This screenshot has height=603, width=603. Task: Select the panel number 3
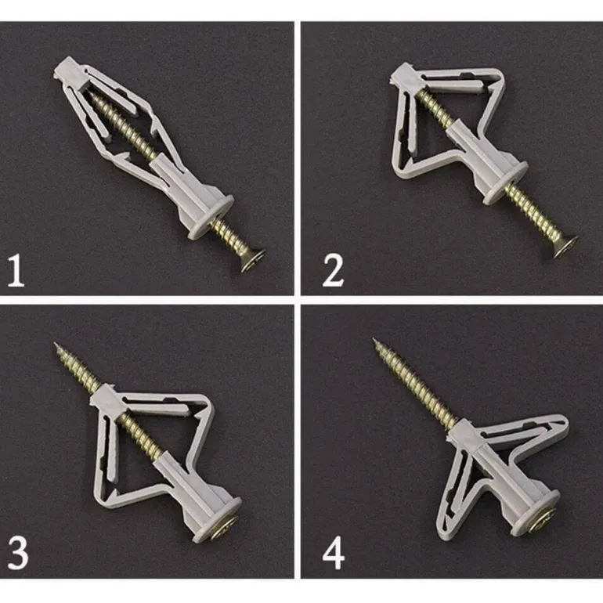[x=18, y=554]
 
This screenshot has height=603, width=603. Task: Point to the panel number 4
[x=334, y=554]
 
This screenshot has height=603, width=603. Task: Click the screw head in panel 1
[x=253, y=260]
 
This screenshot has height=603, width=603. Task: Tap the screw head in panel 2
[x=565, y=246]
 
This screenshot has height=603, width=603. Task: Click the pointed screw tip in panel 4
[x=374, y=340]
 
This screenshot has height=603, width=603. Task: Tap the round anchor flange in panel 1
[x=211, y=217]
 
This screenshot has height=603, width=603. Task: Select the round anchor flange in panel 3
[x=218, y=518]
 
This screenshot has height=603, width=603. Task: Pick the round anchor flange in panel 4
[x=536, y=512]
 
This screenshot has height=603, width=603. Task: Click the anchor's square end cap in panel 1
[x=69, y=73]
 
